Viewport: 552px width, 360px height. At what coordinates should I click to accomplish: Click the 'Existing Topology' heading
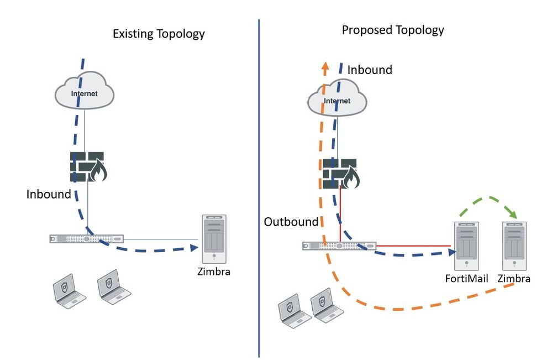tap(159, 34)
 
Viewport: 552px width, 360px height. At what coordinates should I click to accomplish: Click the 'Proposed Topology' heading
tap(393, 30)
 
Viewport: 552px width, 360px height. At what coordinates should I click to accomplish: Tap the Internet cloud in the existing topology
tap(85, 91)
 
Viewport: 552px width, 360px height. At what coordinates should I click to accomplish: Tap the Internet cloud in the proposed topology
tap(337, 99)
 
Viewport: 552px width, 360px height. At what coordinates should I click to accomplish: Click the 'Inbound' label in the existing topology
tap(49, 194)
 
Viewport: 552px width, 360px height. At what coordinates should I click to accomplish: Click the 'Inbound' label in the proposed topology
tap(370, 70)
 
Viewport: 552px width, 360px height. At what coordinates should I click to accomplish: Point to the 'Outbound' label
tap(291, 222)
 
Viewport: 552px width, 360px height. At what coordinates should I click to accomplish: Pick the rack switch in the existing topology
tap(86, 239)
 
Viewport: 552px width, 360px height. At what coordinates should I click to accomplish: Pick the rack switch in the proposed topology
tap(339, 245)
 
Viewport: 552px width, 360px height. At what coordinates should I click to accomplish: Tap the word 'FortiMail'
tap(467, 278)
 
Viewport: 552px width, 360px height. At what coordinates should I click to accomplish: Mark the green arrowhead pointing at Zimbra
tap(513, 213)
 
